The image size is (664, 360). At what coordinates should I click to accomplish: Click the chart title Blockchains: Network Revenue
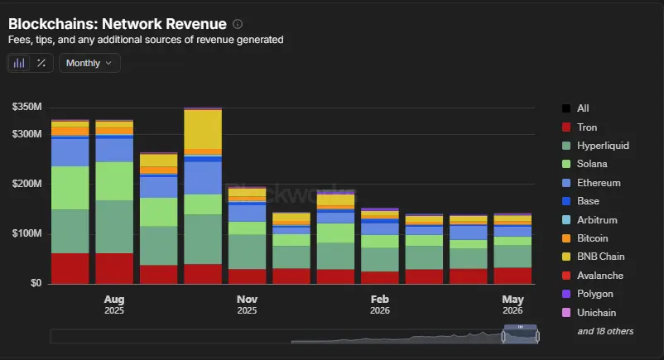click(x=118, y=24)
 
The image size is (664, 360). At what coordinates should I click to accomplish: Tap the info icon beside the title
click(x=238, y=24)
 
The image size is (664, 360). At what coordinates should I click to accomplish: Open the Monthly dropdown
click(x=89, y=63)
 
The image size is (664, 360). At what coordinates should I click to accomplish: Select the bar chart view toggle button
click(x=19, y=63)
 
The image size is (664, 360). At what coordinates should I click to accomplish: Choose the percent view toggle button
click(x=41, y=63)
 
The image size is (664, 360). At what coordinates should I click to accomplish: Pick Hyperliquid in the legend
click(x=595, y=146)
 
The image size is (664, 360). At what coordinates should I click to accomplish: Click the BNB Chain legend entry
click(x=593, y=257)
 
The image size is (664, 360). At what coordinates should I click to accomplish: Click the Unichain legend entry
click(x=589, y=313)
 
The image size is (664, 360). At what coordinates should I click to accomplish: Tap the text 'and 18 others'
click(x=605, y=331)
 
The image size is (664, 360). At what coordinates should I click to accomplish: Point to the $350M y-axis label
click(x=26, y=107)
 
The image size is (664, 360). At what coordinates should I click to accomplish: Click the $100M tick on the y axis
click(x=26, y=233)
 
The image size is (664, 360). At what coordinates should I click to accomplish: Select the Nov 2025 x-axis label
click(x=247, y=305)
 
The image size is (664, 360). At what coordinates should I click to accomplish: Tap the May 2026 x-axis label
click(x=512, y=305)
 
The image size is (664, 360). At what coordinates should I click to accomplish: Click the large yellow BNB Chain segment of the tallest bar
click(x=203, y=129)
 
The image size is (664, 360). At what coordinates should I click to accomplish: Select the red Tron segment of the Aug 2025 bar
click(x=114, y=268)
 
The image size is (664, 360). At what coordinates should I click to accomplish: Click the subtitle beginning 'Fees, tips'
click(x=146, y=40)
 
